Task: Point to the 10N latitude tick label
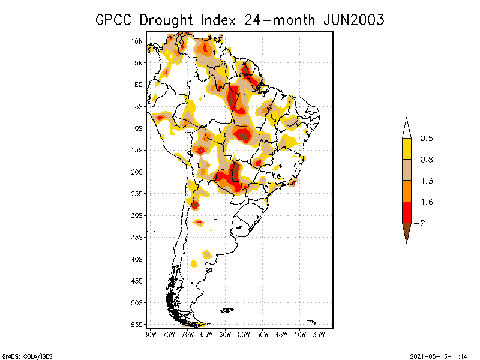click(x=137, y=41)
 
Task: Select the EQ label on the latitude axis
click(x=139, y=85)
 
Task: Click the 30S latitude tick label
click(x=137, y=215)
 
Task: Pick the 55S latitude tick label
click(x=137, y=325)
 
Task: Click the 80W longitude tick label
click(x=150, y=334)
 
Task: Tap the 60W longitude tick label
click(x=225, y=334)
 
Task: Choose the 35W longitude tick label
click(x=319, y=334)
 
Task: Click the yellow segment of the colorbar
click(x=406, y=149)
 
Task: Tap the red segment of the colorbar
click(x=406, y=212)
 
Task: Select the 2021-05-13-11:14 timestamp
click(x=439, y=355)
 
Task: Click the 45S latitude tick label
click(x=137, y=281)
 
